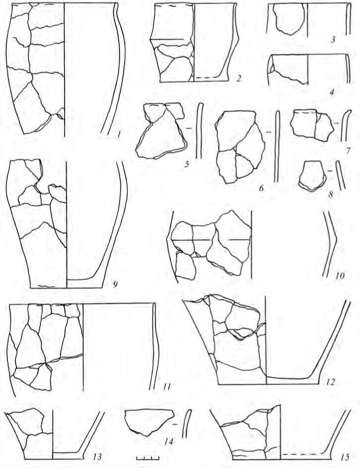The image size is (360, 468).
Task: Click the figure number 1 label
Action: (119, 135)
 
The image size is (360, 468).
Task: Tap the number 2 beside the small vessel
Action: (238, 78)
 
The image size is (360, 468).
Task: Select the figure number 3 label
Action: (333, 39)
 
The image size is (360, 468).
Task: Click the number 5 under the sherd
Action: (187, 164)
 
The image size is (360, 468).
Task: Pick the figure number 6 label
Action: (262, 188)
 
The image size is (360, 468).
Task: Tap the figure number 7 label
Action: (348, 151)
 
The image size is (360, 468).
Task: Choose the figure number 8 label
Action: (330, 195)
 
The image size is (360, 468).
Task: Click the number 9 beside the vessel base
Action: (115, 284)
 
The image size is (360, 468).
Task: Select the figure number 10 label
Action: (339, 275)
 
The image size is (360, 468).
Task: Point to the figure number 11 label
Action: (166, 387)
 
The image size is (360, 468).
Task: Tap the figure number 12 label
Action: (330, 382)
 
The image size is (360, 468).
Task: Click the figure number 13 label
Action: (97, 457)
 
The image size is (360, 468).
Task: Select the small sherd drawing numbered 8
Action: (312, 176)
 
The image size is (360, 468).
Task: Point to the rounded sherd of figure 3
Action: (289, 19)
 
